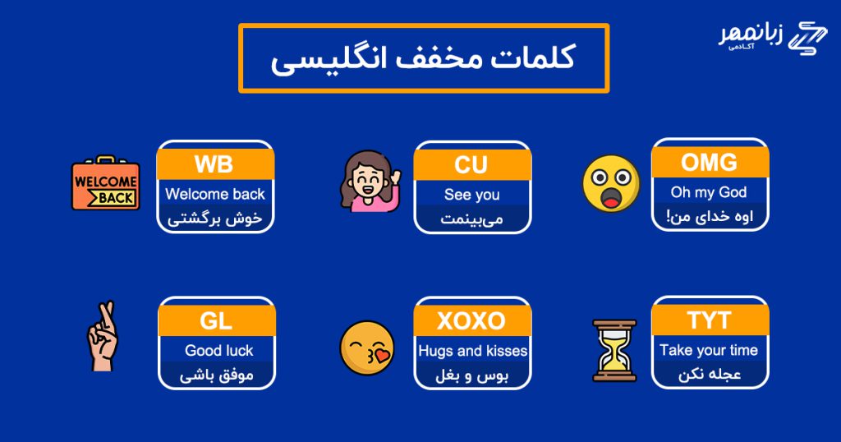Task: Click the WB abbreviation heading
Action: pyautogui.click(x=214, y=164)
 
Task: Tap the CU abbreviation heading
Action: pyautogui.click(x=471, y=164)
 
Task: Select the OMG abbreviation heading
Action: pyautogui.click(x=709, y=162)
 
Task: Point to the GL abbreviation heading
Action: pyautogui.click(x=216, y=320)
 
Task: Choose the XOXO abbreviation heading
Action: pyautogui.click(x=471, y=320)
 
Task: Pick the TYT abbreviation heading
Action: pyautogui.click(x=709, y=320)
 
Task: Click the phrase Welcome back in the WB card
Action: pyautogui.click(x=215, y=194)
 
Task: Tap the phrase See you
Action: pyautogui.click(x=472, y=195)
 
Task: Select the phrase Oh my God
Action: pyautogui.click(x=709, y=192)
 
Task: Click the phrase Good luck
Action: pyautogui.click(x=218, y=350)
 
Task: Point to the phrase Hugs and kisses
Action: pyautogui.click(x=472, y=351)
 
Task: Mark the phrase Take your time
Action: pyautogui.click(x=709, y=350)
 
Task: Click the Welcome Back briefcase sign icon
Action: pyautogui.click(x=106, y=183)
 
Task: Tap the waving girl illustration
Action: pyautogui.click(x=370, y=181)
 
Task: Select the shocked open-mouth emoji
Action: pyautogui.click(x=611, y=183)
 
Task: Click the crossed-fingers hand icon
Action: pyautogui.click(x=102, y=336)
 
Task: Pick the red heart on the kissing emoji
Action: pyautogui.click(x=383, y=355)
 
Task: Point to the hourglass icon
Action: pyautogui.click(x=614, y=350)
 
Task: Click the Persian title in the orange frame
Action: pyautogui.click(x=424, y=58)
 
